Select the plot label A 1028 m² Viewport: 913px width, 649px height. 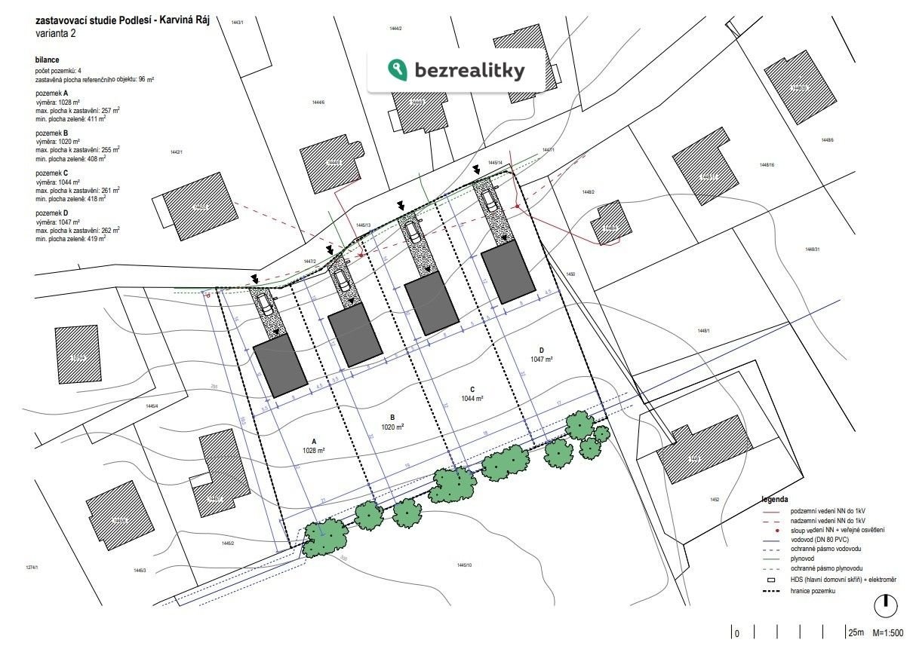313,445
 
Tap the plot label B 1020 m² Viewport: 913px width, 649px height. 392,421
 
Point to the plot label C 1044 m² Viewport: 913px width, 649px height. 471,393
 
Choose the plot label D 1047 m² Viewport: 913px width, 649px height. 541,354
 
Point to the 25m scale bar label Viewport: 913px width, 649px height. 856,633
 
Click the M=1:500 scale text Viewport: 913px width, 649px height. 888,633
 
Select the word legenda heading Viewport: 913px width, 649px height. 775,499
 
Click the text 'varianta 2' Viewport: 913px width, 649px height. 55,33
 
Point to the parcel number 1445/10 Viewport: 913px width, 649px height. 463,565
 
